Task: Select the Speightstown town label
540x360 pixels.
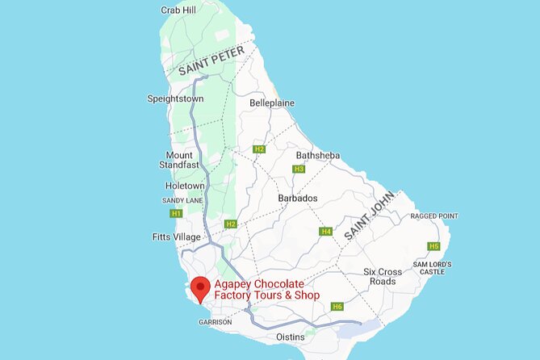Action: coord(175,98)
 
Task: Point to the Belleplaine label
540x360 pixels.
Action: coord(272,103)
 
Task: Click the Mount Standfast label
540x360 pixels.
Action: coord(179,161)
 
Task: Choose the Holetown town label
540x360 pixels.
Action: coord(185,186)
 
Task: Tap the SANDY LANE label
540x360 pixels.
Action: coord(182,200)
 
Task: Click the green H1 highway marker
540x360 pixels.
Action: coord(176,214)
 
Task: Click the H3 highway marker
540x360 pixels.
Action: coord(299,169)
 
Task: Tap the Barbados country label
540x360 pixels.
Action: coord(298,199)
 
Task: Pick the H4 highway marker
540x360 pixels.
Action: coord(326,232)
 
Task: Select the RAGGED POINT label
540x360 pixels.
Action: coord(434,216)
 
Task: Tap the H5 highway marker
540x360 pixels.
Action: coord(434,246)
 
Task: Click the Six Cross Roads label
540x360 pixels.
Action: coord(379,276)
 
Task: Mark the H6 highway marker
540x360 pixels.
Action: coord(337,307)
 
